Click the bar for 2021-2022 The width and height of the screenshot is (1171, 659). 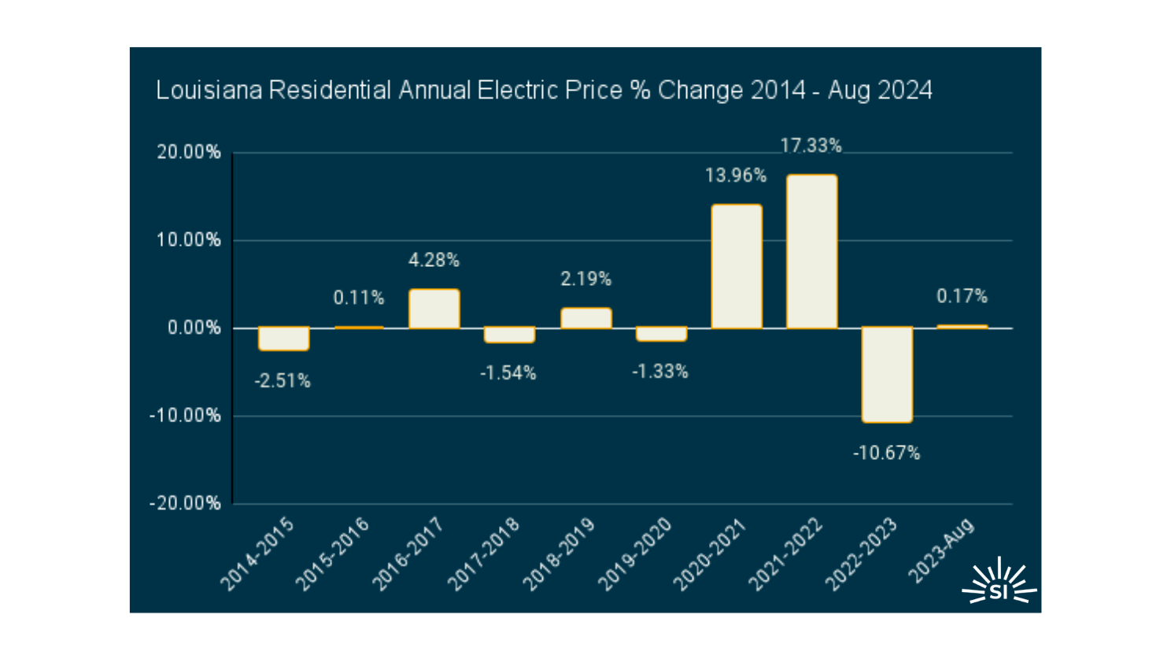(x=811, y=251)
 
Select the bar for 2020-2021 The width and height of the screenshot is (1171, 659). (x=737, y=266)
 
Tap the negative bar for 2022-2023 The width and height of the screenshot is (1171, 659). (x=887, y=375)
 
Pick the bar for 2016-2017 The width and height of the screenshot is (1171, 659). (x=434, y=309)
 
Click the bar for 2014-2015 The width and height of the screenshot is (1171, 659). (x=283, y=339)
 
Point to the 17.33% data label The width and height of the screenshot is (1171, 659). (x=811, y=146)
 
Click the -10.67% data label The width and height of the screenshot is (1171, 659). (x=886, y=454)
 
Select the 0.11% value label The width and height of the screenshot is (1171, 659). (x=359, y=298)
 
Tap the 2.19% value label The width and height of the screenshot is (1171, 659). (x=585, y=280)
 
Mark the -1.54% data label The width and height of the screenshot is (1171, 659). (x=508, y=373)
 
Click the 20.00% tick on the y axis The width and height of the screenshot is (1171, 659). (x=189, y=153)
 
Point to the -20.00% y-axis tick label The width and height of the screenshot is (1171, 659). (x=186, y=504)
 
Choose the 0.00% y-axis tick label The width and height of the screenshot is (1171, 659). (x=194, y=328)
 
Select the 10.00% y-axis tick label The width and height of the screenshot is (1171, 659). (x=189, y=240)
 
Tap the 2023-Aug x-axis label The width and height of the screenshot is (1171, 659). (x=942, y=551)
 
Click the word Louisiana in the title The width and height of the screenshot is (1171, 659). (x=208, y=91)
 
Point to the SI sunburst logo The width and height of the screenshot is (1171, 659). (x=999, y=583)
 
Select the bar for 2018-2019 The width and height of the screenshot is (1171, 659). (x=585, y=318)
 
